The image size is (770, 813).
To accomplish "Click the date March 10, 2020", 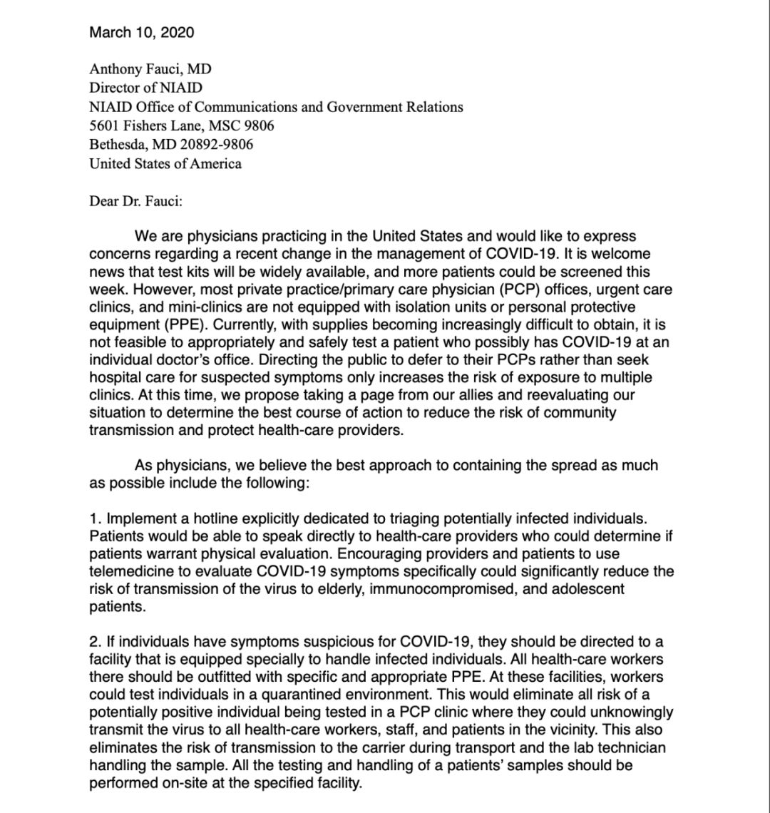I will click(x=141, y=32).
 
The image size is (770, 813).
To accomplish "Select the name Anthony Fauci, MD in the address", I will click(x=150, y=69).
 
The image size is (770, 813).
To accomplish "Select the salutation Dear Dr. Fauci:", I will click(x=136, y=201).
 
